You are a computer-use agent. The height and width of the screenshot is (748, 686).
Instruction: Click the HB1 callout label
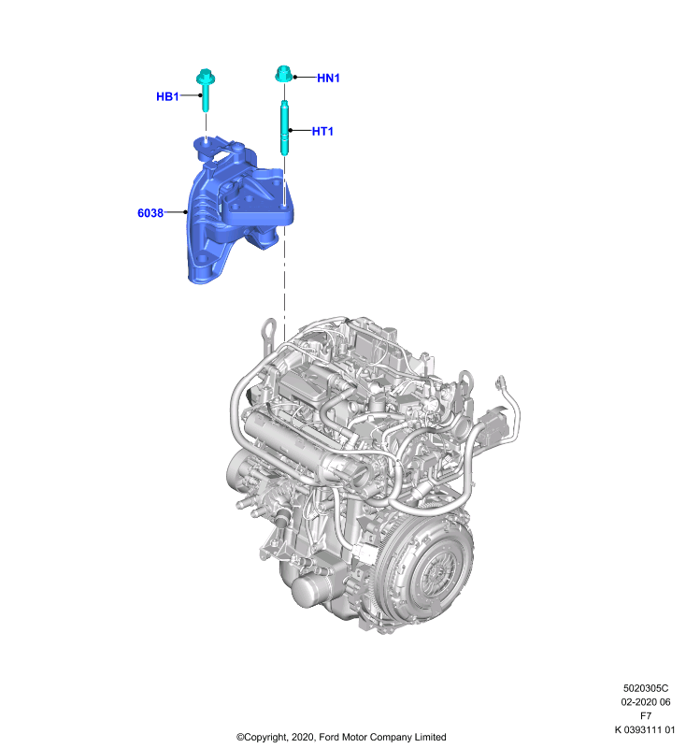(x=167, y=96)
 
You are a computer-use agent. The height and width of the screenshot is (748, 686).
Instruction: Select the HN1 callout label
(x=328, y=79)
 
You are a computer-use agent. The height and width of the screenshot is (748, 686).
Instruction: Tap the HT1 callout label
(x=322, y=131)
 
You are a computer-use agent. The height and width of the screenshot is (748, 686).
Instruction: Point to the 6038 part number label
(x=150, y=213)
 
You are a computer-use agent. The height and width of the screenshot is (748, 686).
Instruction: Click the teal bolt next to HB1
(x=206, y=90)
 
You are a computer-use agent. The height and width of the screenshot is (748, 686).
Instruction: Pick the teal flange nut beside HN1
(x=283, y=75)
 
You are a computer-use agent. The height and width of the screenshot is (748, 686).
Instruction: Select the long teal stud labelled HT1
(x=285, y=128)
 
